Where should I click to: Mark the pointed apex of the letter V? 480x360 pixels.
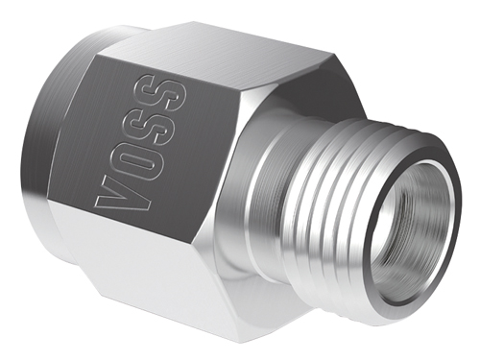point(97,202)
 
